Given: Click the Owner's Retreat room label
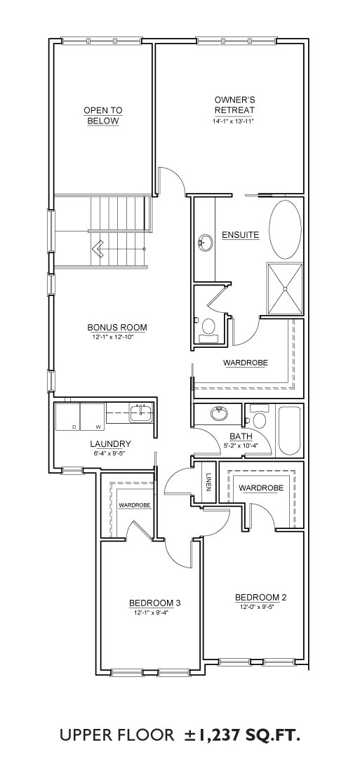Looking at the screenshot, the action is point(234,105).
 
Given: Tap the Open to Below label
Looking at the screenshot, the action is point(102,116).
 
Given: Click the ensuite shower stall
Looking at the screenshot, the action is point(284,288).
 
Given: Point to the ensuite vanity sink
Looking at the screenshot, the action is point(205,242).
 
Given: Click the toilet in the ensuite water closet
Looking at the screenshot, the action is point(208,328).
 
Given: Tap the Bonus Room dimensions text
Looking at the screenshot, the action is point(117,337).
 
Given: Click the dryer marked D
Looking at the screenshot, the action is point(67,417).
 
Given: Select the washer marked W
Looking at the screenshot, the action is point(93,417).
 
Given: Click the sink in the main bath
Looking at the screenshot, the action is point(220,414).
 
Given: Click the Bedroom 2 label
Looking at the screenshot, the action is point(258,597).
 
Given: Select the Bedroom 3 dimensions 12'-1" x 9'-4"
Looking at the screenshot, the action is point(154,612).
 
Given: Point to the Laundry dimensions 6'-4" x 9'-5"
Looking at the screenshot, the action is point(110,453).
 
